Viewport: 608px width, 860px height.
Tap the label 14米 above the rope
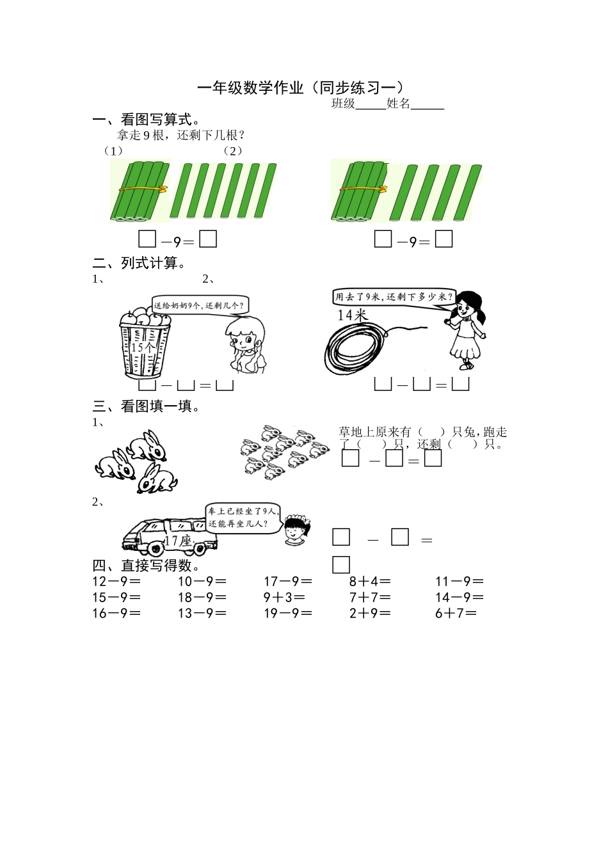pos(353,315)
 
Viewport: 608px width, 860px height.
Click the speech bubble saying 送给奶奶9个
pos(200,305)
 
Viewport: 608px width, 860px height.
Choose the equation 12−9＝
pos(116,582)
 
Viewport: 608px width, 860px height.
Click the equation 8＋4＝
pos(370,582)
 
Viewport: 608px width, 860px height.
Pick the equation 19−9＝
pos(288,613)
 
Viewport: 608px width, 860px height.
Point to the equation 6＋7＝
pos(456,613)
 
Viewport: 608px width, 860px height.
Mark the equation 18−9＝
pos(202,598)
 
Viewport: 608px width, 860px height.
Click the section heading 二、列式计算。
pos(140,263)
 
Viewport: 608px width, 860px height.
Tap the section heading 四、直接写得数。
pos(147,566)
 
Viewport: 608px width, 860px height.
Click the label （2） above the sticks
pos(233,151)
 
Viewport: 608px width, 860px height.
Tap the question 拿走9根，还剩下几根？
pos(181,135)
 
